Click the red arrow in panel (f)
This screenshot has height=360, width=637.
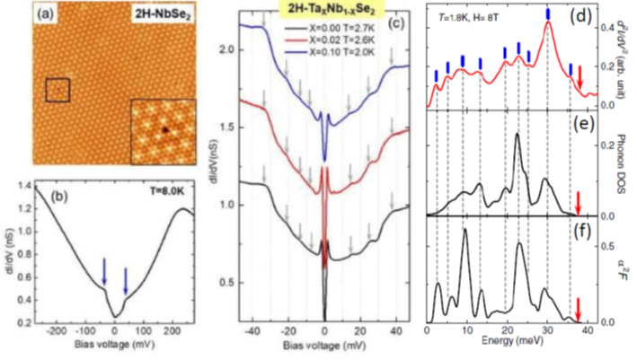coord(579,310)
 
